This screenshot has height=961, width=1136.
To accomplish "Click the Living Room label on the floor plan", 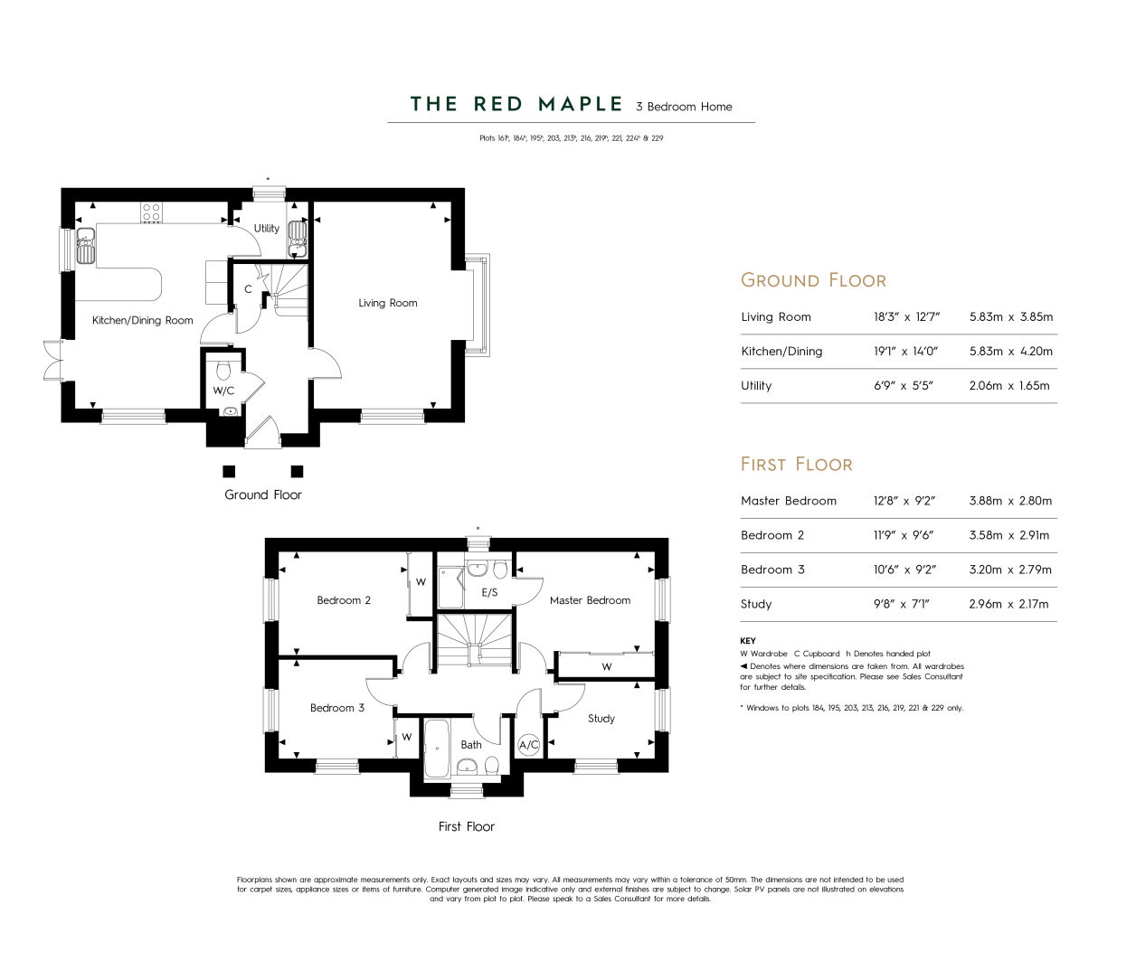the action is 388,303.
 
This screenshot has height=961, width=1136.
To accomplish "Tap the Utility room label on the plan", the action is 267,228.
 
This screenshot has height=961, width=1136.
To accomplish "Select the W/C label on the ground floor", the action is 223,391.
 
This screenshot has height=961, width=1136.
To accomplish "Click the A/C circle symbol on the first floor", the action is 529,745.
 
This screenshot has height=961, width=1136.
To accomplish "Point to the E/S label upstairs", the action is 489,592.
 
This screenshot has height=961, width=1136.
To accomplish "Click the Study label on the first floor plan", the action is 601,719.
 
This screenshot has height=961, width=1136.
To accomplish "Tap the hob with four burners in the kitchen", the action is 151,212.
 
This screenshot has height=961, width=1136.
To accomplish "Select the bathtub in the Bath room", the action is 437,748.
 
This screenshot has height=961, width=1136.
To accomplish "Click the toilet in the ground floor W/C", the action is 223,372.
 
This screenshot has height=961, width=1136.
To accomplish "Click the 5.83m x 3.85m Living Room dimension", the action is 1011,317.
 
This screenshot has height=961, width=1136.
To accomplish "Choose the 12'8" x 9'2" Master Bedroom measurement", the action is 904,501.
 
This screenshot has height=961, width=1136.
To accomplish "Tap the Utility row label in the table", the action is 756,386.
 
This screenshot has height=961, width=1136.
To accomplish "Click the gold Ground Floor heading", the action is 813,280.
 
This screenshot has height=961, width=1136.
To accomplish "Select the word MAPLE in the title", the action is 581,104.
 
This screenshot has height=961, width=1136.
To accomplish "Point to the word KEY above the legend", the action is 748,641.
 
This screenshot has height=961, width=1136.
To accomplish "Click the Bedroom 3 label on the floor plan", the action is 337,708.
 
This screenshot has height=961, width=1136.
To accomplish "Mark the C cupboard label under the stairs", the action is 248,289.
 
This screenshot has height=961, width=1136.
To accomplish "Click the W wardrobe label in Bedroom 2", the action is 421,582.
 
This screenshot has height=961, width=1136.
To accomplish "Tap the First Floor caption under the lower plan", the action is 467,826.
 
